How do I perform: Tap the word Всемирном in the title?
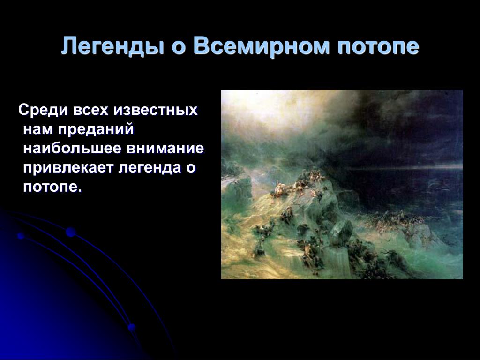262,46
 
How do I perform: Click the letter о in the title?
178,48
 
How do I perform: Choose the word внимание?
165,149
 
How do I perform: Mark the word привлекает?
68,168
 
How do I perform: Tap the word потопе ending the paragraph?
52,187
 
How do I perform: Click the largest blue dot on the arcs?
71,232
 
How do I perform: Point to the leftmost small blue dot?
21,236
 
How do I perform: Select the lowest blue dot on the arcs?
132,328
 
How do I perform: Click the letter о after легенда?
191,169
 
